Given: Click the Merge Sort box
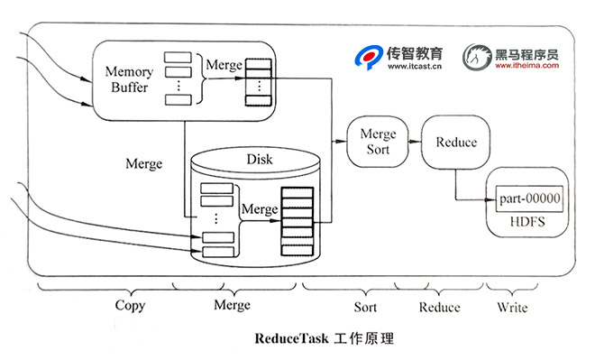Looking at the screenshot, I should tap(378, 142).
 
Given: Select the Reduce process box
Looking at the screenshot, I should tap(455, 143).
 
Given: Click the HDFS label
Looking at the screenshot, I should tap(529, 220).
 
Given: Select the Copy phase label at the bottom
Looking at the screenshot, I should tap(130, 306).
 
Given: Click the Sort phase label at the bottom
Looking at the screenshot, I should tap(365, 307).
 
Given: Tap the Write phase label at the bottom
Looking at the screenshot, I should tap(512, 307).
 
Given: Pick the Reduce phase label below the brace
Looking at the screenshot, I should tap(439, 307).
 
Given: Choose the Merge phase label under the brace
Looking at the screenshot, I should tap(232, 306).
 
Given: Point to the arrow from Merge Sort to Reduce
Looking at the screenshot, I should tap(415, 142).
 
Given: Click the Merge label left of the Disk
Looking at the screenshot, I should tap(144, 164).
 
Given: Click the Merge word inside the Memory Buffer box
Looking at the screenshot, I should tap(224, 65).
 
